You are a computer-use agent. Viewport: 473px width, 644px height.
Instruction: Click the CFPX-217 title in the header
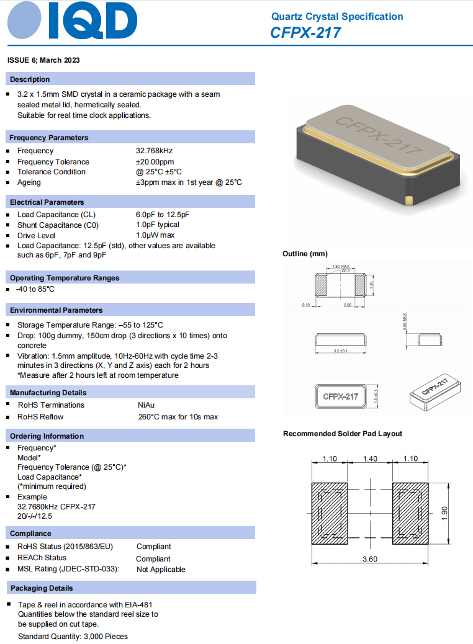[x=305, y=32]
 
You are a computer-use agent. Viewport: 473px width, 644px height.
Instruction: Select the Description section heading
[x=30, y=79]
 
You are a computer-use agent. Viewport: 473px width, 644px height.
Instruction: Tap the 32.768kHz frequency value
[x=154, y=151]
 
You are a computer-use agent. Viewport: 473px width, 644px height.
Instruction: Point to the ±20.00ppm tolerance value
[x=155, y=161]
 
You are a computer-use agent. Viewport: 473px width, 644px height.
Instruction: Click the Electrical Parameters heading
[x=47, y=202]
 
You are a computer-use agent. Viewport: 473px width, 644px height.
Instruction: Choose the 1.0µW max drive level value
[x=155, y=235]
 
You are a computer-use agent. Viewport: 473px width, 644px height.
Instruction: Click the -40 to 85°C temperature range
[x=35, y=289]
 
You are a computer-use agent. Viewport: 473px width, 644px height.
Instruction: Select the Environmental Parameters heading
[x=56, y=310]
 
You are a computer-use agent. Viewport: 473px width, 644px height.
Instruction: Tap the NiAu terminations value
[x=146, y=405]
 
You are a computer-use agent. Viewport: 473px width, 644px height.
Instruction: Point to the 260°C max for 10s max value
[x=178, y=417]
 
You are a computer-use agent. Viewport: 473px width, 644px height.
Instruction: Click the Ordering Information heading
[x=47, y=436]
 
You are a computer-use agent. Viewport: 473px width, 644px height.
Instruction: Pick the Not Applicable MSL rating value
[x=161, y=570]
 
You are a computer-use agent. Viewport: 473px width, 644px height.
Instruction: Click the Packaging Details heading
[x=42, y=588]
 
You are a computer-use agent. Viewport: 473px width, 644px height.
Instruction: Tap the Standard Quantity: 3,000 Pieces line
[x=73, y=637]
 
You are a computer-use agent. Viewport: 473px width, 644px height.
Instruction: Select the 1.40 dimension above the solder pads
[x=369, y=459]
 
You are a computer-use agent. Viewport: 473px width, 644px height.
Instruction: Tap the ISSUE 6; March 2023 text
[x=43, y=60]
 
